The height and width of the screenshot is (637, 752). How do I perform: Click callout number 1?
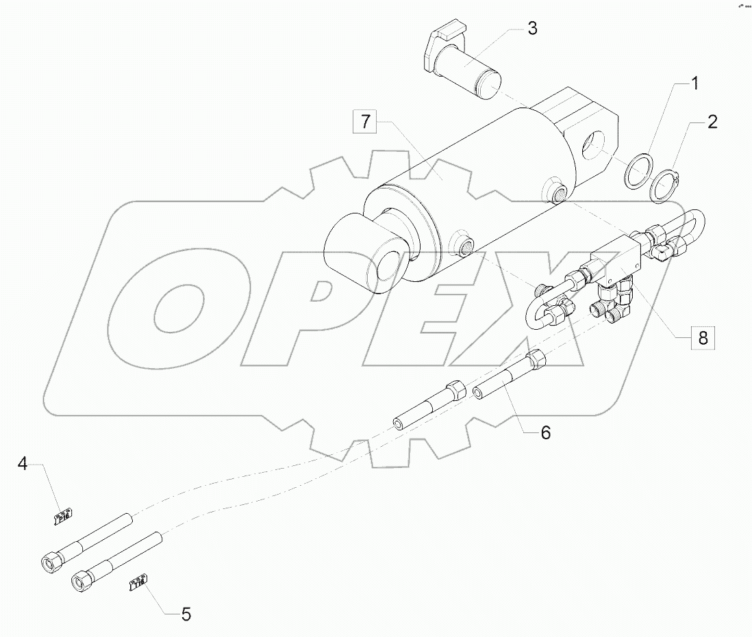click(x=694, y=85)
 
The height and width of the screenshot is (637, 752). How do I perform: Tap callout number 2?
click(x=712, y=122)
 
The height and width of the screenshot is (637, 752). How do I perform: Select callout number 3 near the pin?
click(x=532, y=29)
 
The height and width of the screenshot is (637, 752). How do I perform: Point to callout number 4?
click(x=23, y=465)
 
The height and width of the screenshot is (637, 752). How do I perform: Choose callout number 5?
click(x=186, y=614)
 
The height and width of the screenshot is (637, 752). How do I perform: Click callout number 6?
click(x=545, y=432)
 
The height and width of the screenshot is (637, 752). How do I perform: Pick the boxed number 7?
click(x=366, y=122)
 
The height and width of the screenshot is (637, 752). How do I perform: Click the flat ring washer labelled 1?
click(x=638, y=170)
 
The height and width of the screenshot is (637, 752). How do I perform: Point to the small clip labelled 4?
click(x=64, y=515)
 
